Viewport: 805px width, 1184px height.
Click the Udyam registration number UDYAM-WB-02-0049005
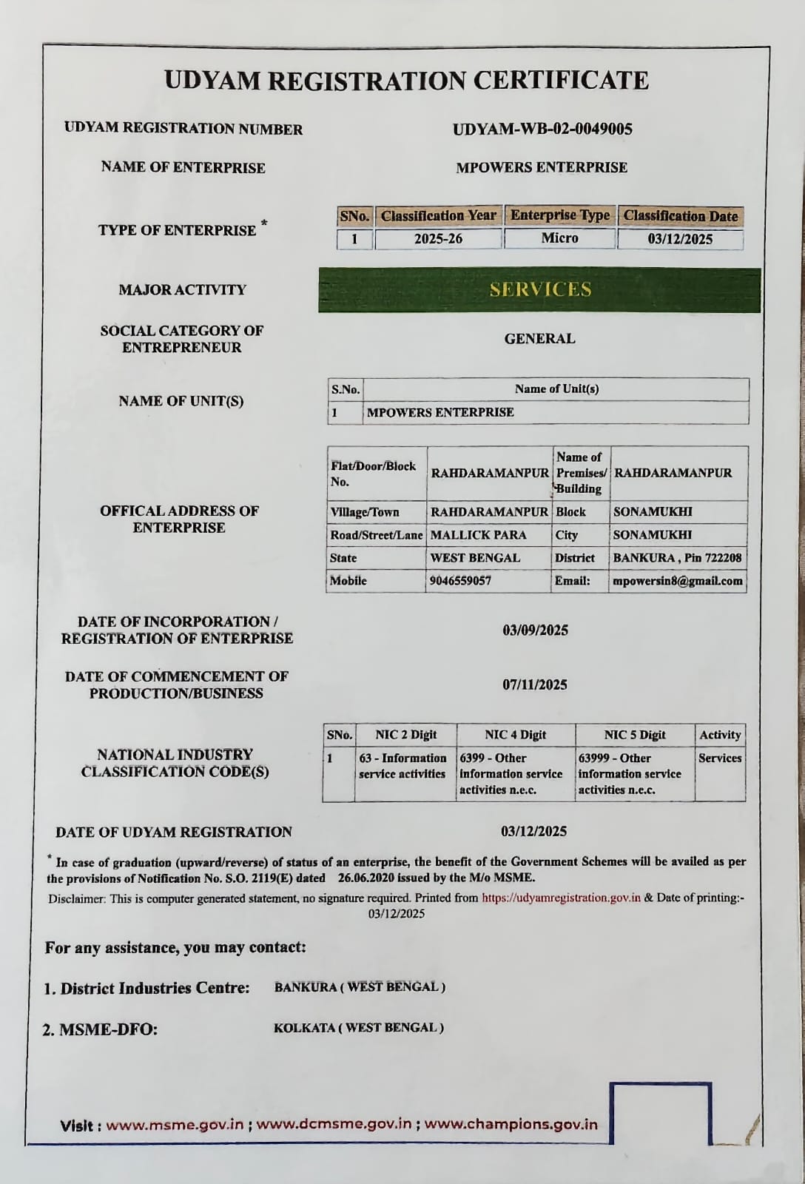[542, 129]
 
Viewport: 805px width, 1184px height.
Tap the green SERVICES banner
[539, 289]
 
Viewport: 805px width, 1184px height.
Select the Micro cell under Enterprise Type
[559, 238]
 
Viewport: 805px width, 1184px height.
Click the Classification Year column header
[438, 216]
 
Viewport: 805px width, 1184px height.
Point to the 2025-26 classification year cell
[438, 239]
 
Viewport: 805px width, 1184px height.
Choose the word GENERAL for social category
[539, 339]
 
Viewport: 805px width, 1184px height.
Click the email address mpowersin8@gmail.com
[677, 581]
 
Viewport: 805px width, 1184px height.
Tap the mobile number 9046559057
[461, 581]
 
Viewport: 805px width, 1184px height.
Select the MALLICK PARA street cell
[479, 535]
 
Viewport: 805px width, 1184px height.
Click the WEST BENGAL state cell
[476, 558]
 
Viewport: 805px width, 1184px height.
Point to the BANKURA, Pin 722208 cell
[677, 558]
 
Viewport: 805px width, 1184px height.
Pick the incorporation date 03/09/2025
[535, 630]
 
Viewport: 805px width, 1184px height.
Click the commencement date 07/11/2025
[535, 684]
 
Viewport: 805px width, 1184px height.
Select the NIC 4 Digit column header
[515, 735]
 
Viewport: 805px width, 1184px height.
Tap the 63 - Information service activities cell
[403, 766]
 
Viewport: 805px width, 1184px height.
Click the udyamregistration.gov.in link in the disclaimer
[561, 898]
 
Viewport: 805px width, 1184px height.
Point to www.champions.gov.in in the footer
[511, 1124]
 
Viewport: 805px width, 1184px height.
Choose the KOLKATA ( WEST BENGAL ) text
[359, 1028]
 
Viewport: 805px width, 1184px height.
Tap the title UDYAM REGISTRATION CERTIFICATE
[406, 80]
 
